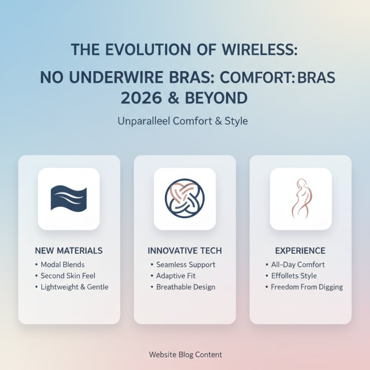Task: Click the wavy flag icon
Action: [x=68, y=199]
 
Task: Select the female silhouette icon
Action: [x=301, y=199]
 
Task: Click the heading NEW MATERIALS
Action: [x=69, y=251]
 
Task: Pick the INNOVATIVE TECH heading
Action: [x=185, y=251]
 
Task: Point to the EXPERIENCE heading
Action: [x=300, y=251]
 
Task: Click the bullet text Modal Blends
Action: [x=62, y=265]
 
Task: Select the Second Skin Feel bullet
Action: [x=68, y=276]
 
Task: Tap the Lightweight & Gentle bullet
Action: [x=74, y=287]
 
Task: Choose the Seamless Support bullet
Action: [x=185, y=265]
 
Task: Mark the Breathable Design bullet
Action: [x=185, y=287]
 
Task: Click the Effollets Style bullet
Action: [x=294, y=276]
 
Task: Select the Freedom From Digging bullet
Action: [x=307, y=287]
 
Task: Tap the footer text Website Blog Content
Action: [x=185, y=355]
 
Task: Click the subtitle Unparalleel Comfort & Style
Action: [x=182, y=122]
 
